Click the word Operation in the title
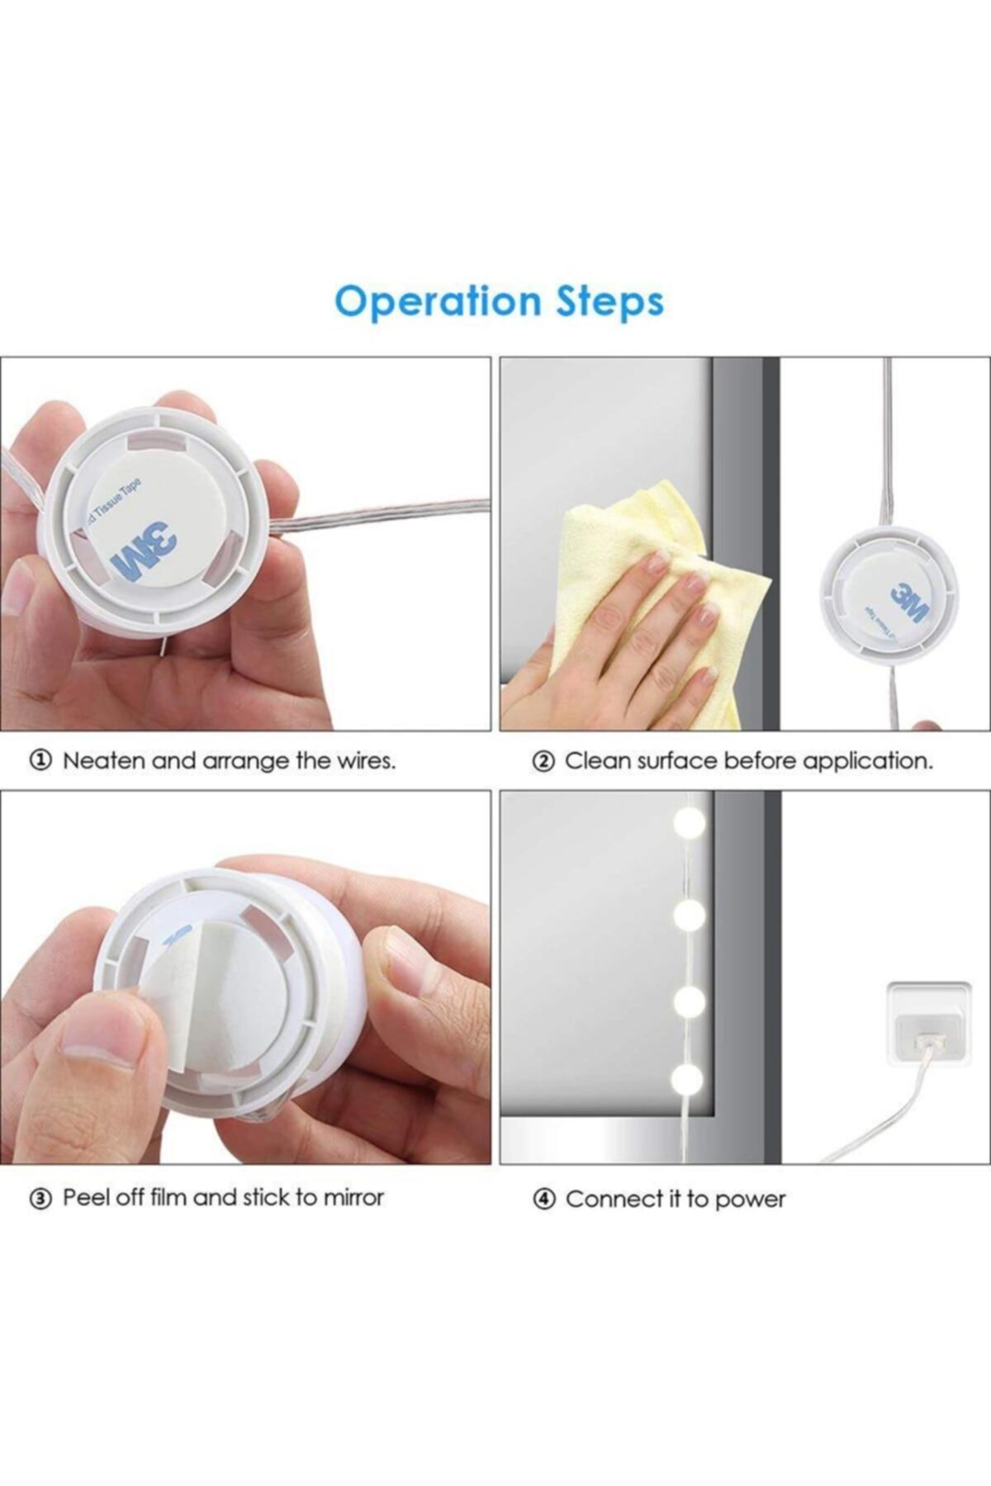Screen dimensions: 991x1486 (437, 302)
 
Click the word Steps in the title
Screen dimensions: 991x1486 (609, 302)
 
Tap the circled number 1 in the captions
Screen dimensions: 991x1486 (41, 760)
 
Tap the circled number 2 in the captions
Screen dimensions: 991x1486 (543, 761)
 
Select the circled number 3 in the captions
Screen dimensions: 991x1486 (41, 1198)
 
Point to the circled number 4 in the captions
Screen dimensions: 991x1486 (543, 1200)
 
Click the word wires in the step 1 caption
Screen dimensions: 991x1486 (366, 760)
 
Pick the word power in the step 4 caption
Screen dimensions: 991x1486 (751, 1200)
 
